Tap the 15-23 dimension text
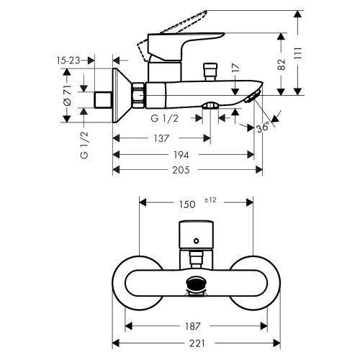(x=66, y=61)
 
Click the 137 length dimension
(x=162, y=138)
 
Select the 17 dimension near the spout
(x=236, y=71)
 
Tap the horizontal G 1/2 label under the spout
(x=165, y=117)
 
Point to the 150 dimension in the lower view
(x=186, y=204)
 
